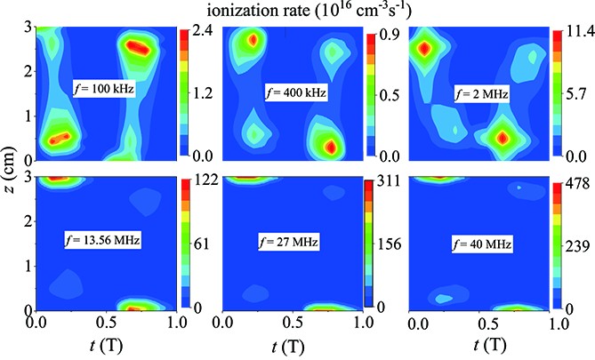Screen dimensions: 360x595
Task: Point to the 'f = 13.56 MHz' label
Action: (x=108, y=238)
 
